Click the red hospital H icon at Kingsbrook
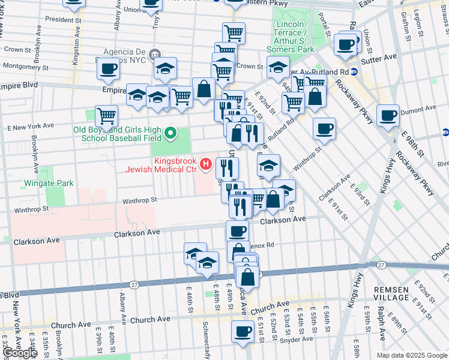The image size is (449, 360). pyautogui.click(x=206, y=163)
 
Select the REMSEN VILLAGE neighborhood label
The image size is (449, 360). pyautogui.click(x=391, y=293)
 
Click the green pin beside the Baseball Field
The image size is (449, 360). pyautogui.click(x=171, y=133)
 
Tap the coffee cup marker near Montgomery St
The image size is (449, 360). pyautogui.click(x=109, y=70)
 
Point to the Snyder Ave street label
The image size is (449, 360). pyautogui.click(x=294, y=339)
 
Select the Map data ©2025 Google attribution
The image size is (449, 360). pyautogui.click(x=412, y=355)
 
